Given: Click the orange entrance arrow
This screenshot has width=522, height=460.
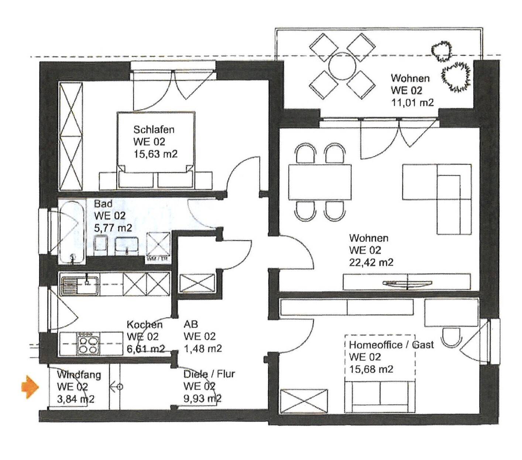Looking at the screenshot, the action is click(30, 387).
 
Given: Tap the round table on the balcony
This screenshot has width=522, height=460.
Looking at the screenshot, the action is click(343, 66).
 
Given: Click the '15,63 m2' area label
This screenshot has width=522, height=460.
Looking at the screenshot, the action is click(156, 154).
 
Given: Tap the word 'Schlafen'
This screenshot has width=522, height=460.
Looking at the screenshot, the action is click(154, 129).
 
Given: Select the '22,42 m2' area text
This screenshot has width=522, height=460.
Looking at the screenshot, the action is click(371, 262).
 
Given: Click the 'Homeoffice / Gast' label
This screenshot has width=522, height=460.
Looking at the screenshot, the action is click(391, 344).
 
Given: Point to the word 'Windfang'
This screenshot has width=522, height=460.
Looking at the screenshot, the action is click(79, 375).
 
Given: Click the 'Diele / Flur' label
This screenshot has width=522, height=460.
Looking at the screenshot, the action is click(209, 374).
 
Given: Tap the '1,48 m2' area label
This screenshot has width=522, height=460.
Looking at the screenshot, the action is click(203, 349).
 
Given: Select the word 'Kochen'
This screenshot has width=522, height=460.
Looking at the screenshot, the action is click(145, 325).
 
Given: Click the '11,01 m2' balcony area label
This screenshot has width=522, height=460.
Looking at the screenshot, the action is click(412, 103).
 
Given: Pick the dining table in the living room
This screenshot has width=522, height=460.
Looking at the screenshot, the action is click(319, 182).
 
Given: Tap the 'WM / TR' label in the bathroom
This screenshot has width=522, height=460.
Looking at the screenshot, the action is click(158, 259).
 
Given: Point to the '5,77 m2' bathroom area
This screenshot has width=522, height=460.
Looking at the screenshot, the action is click(113, 228).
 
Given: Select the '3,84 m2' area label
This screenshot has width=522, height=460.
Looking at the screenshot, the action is click(76, 399).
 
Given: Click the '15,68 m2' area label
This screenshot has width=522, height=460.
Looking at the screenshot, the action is click(371, 369).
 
